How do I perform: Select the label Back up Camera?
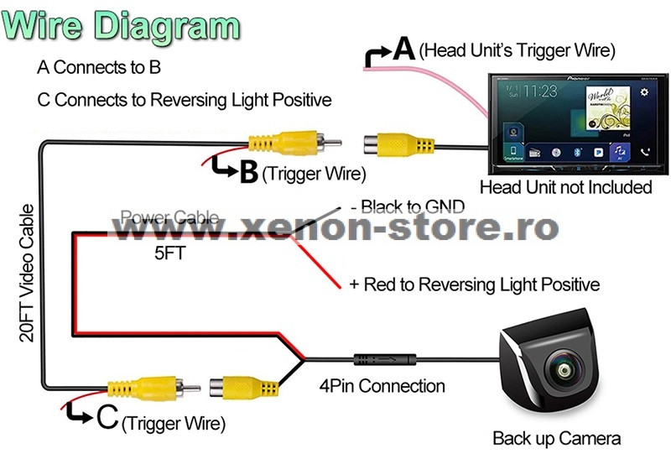[556, 437]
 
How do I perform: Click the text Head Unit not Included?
[565, 186]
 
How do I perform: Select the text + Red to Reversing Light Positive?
[474, 285]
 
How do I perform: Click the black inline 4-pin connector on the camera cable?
[382, 359]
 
